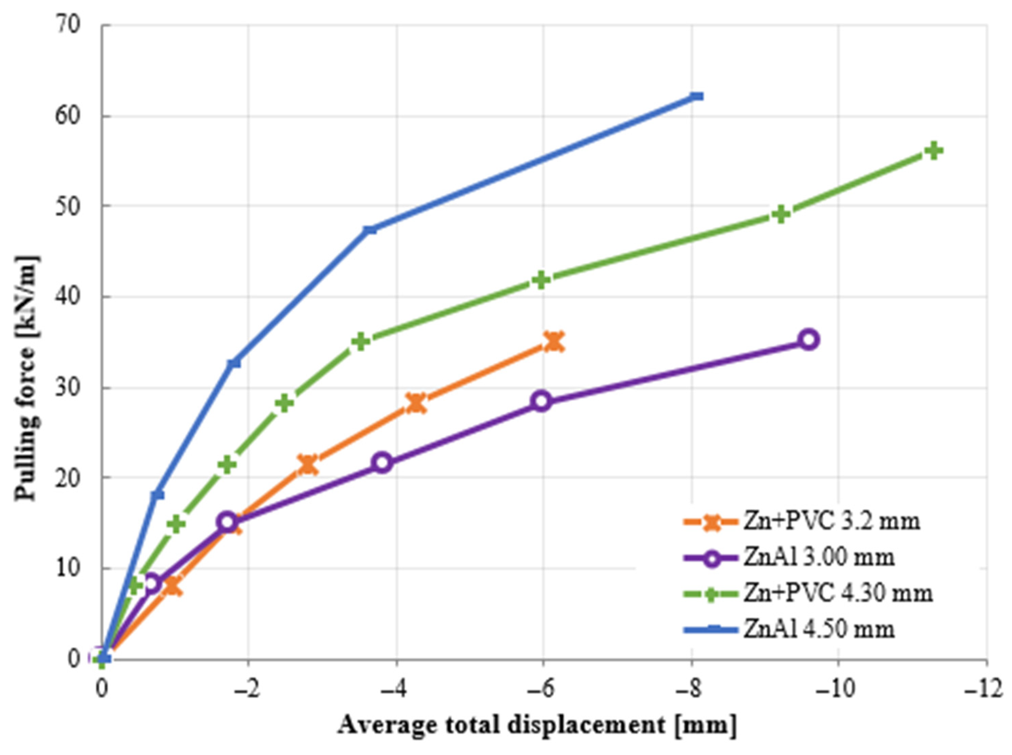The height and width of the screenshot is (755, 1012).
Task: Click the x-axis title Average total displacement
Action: coord(537,725)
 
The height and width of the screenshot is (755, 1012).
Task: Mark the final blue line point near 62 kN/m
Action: coord(696,96)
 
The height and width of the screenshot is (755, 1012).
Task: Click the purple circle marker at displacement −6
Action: coord(542,401)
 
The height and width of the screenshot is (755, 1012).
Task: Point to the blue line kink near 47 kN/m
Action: coord(370,229)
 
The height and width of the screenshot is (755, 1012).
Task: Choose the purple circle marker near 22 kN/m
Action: coord(382,462)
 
